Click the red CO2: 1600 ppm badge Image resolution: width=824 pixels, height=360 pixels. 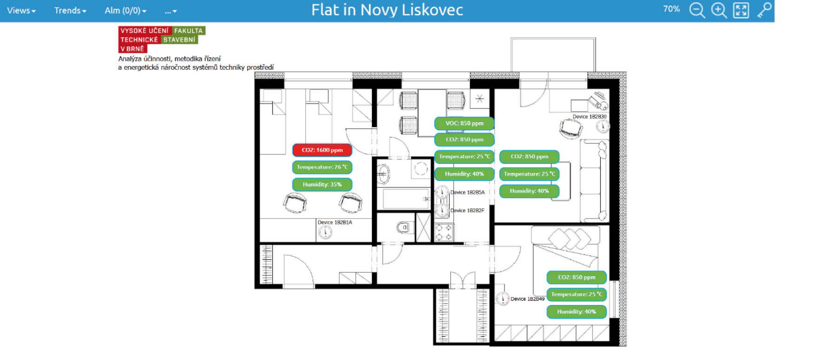(x=322, y=150)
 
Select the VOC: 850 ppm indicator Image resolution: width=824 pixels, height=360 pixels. (x=464, y=123)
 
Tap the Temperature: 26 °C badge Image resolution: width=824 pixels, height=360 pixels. (x=322, y=167)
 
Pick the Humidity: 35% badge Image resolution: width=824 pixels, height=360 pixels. (x=322, y=185)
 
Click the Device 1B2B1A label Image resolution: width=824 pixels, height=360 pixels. (x=335, y=222)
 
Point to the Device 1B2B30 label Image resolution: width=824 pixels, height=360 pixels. (x=590, y=117)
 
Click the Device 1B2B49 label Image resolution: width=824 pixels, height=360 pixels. (x=527, y=299)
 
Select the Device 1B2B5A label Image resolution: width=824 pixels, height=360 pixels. (x=467, y=192)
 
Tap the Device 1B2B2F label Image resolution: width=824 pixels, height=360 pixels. (x=467, y=211)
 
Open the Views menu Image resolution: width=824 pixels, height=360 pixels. (x=21, y=10)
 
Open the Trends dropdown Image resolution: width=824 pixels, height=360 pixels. (x=70, y=10)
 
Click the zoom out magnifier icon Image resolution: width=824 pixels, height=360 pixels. (x=697, y=10)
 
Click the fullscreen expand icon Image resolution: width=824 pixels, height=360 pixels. (x=741, y=10)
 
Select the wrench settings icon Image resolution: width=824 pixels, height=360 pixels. (x=764, y=10)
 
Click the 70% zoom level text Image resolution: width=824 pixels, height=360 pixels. (x=671, y=9)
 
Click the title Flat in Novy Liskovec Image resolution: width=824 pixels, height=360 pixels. (x=387, y=10)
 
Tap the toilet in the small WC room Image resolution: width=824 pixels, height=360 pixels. (x=403, y=227)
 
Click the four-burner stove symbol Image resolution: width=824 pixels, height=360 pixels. (x=444, y=232)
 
